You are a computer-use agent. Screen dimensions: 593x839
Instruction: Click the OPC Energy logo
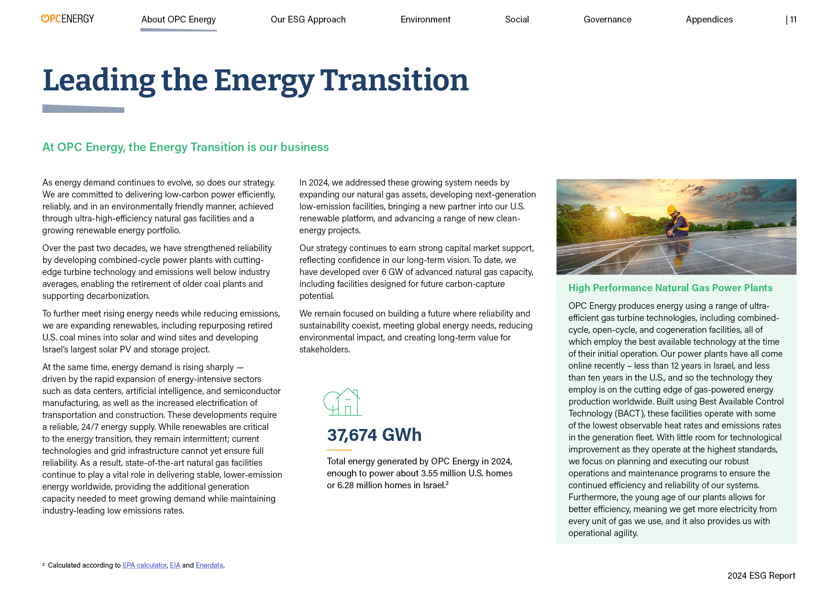(x=67, y=19)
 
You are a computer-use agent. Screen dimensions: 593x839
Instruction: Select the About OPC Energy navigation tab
(x=178, y=20)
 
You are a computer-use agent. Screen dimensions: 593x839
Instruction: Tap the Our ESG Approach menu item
(x=308, y=20)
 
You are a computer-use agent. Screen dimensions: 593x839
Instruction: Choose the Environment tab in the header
(x=425, y=20)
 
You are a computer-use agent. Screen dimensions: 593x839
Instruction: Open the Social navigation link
(x=517, y=20)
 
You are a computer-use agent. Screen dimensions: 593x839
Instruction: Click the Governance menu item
(x=607, y=20)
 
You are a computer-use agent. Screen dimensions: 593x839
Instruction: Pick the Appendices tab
(x=709, y=20)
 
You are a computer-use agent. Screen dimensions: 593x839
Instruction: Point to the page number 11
(x=793, y=20)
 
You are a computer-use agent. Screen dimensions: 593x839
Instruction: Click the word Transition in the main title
(x=394, y=80)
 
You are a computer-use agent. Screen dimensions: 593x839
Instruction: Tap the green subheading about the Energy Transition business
(x=186, y=147)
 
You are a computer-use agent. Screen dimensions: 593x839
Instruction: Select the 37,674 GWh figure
(x=374, y=435)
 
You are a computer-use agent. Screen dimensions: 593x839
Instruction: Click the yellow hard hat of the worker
(x=672, y=209)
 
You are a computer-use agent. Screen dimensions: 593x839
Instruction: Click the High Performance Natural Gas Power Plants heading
(x=670, y=288)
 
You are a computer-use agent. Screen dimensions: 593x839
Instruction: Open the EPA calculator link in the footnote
(x=144, y=565)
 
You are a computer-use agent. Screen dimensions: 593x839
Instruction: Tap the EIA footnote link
(x=175, y=565)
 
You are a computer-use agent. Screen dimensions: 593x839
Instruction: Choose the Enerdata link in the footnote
(x=209, y=565)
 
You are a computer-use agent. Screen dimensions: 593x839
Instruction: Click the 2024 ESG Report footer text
(x=761, y=576)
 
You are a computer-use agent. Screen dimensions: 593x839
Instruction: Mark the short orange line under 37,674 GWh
(x=339, y=450)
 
